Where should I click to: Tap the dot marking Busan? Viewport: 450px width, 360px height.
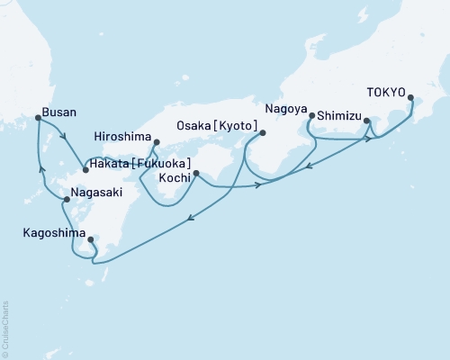point(37,118)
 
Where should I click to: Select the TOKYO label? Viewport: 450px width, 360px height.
point(385,92)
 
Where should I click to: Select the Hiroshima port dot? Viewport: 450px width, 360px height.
point(157,142)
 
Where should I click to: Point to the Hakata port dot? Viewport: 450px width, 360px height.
point(85,170)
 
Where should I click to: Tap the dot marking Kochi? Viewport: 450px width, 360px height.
point(196,173)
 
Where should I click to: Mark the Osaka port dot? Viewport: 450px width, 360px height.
point(263,133)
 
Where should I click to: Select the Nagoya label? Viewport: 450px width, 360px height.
point(286,110)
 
